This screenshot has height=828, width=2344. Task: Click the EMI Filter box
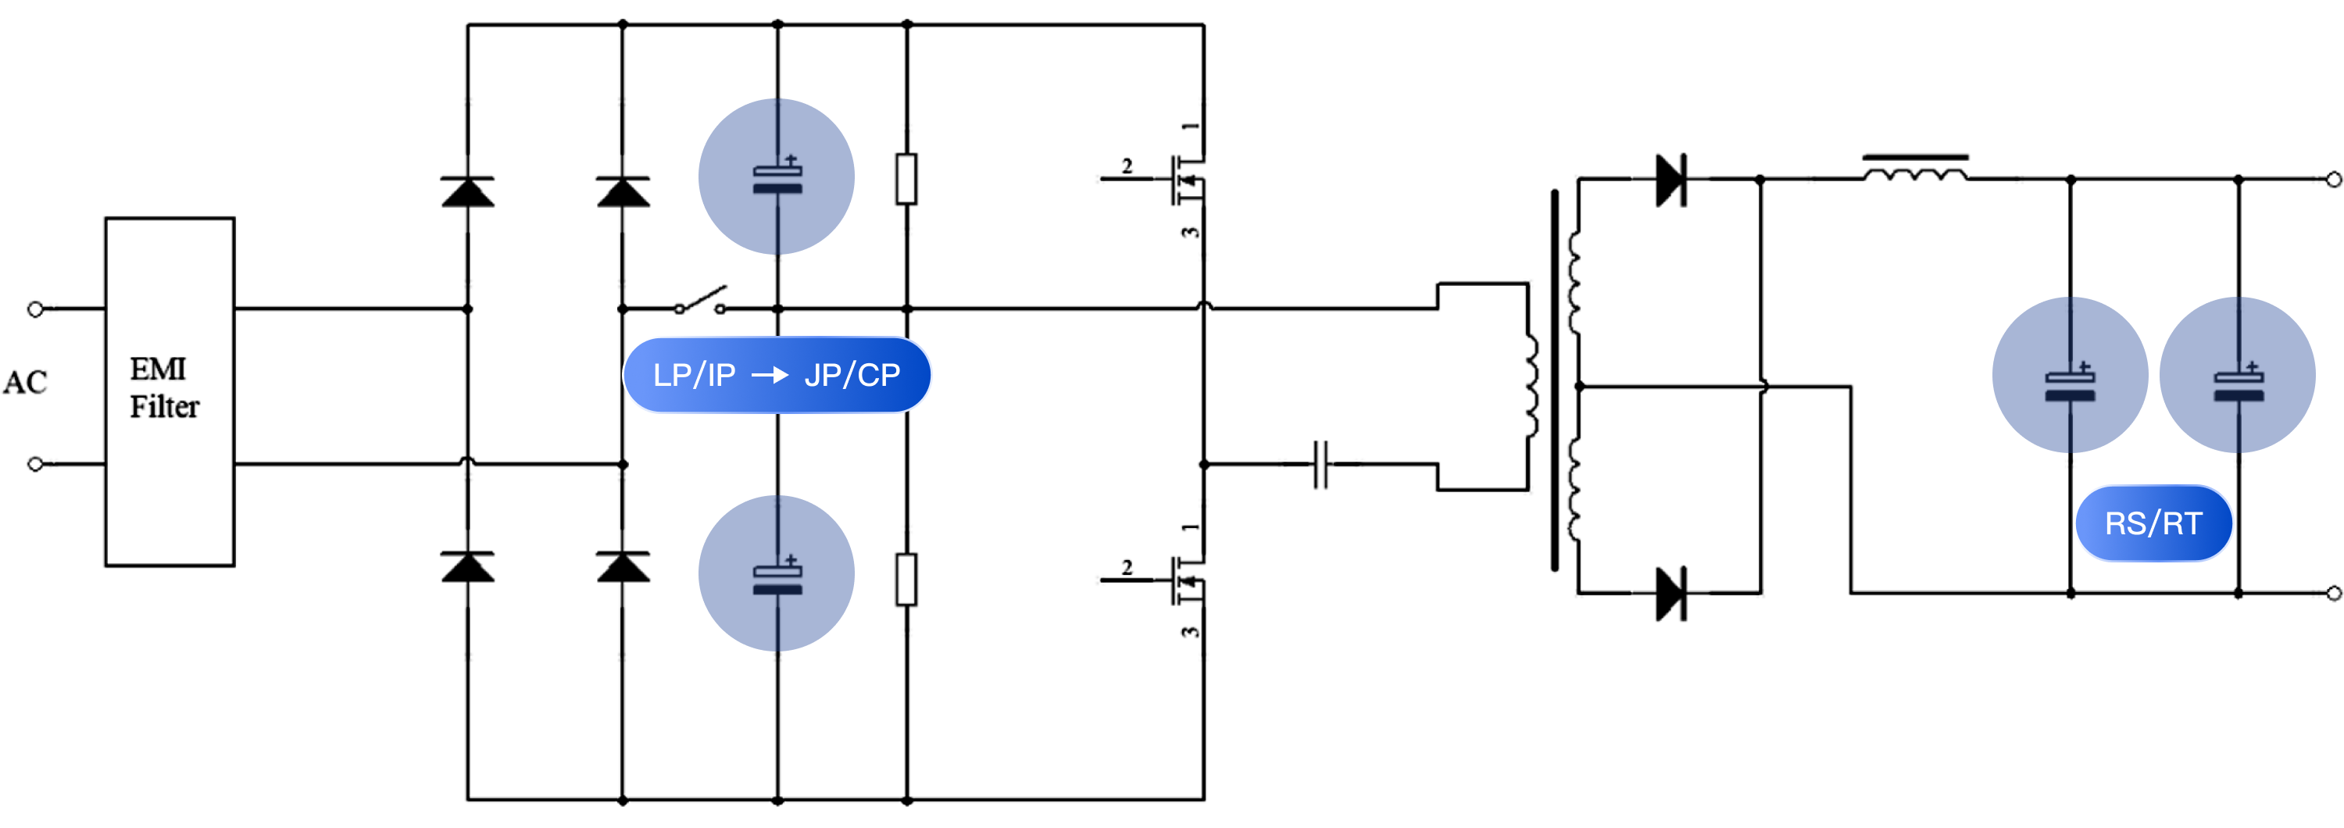click(x=170, y=391)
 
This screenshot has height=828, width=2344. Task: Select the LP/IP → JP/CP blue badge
click(x=776, y=375)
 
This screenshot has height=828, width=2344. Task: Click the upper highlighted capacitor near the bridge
click(x=776, y=177)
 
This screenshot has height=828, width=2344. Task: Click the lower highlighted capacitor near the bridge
click(x=776, y=573)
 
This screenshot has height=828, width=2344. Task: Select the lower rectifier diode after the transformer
click(x=1670, y=593)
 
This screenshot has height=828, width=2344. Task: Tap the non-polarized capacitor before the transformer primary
click(x=1320, y=464)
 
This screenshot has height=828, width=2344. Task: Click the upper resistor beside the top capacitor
click(x=906, y=179)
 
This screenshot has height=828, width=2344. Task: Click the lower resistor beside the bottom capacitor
click(x=906, y=580)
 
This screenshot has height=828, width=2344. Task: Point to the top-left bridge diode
click(x=468, y=192)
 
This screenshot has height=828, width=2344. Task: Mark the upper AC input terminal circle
click(x=35, y=309)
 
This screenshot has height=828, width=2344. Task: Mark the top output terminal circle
click(x=2333, y=179)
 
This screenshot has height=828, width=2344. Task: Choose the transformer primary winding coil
click(x=1531, y=387)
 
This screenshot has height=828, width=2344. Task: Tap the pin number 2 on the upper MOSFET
click(x=1127, y=166)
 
